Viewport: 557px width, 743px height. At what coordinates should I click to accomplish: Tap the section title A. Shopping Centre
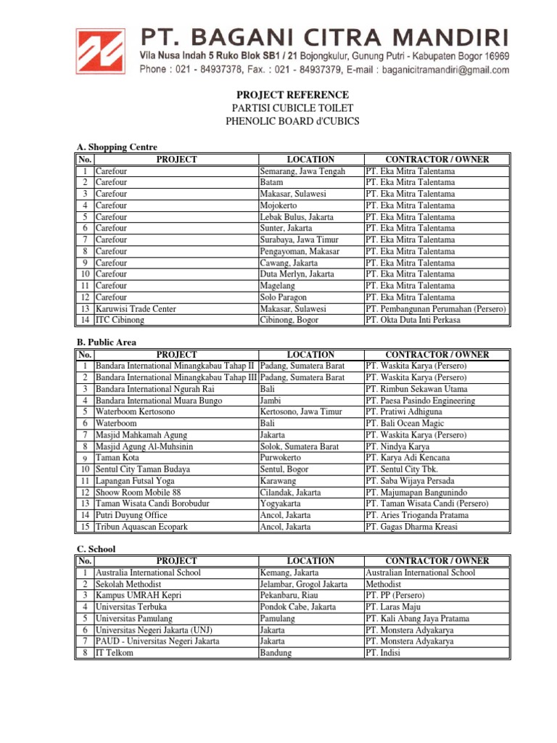click(x=116, y=147)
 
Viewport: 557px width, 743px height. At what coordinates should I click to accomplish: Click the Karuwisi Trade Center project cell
click(x=136, y=308)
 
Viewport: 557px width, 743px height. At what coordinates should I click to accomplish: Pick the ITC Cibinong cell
click(x=120, y=320)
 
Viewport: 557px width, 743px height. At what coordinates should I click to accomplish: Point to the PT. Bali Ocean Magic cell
click(x=407, y=423)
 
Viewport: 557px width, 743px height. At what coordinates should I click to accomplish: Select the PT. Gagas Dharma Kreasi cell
click(x=411, y=527)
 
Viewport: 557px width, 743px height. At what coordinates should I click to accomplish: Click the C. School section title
click(x=96, y=549)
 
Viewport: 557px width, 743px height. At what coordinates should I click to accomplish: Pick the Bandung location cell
click(x=276, y=653)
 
